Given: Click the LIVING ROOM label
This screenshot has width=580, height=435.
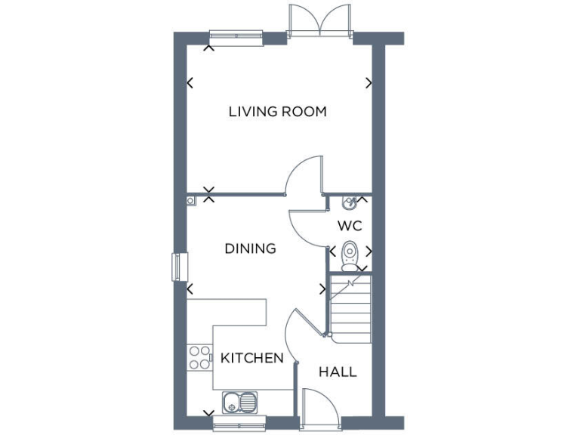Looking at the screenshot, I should [x=277, y=112].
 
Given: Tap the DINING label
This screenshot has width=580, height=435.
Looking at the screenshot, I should [x=250, y=248].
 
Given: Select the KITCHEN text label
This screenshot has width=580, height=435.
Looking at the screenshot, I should [x=252, y=358].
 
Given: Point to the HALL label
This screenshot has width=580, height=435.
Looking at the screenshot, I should [x=338, y=372].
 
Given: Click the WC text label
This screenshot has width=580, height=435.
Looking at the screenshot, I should [x=350, y=225].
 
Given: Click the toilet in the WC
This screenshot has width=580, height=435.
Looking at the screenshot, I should [x=350, y=255].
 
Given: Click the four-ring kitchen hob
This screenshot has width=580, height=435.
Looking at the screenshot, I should [x=199, y=357].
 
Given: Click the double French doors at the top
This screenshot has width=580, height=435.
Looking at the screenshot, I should [x=320, y=21].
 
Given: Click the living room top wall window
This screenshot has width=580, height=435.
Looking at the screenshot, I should [x=236, y=35].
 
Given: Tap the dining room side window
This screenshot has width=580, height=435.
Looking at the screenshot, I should [x=179, y=267].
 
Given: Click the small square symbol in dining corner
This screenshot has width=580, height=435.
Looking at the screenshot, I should [x=191, y=201].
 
